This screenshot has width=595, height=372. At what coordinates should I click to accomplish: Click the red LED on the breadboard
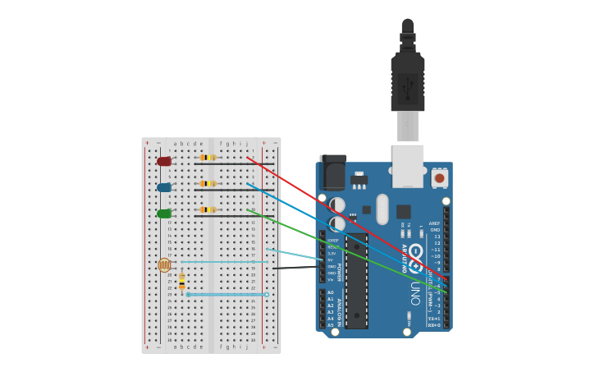pyautogui.click(x=164, y=162)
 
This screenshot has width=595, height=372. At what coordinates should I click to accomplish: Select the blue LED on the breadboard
pyautogui.click(x=164, y=187)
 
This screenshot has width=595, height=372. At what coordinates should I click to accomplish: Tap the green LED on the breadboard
pyautogui.click(x=164, y=214)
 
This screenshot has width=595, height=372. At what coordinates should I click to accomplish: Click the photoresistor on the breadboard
pyautogui.click(x=164, y=264)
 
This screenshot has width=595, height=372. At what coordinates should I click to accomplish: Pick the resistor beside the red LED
pyautogui.click(x=208, y=157)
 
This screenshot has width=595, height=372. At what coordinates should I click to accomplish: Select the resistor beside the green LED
pyautogui.click(x=208, y=209)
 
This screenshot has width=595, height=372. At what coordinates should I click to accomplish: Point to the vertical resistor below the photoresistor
pyautogui.click(x=181, y=282)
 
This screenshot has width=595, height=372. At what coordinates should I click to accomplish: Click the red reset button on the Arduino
pyautogui.click(x=439, y=178)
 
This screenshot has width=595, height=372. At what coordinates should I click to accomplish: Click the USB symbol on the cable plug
pyautogui.click(x=408, y=85)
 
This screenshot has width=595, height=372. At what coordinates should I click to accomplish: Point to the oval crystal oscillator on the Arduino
pyautogui.click(x=382, y=209)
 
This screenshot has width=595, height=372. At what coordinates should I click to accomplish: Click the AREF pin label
pyautogui.click(x=434, y=223)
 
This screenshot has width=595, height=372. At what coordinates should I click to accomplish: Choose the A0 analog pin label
pyautogui.click(x=331, y=292)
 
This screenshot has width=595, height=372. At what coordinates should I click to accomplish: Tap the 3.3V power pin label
pyautogui.click(x=332, y=253)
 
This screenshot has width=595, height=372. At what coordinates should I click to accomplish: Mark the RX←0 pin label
pyautogui.click(x=433, y=325)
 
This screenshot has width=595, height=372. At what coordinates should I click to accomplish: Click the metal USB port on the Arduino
pyautogui.click(x=408, y=165)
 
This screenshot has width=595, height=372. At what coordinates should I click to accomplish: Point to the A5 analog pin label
pyautogui.click(x=331, y=325)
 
